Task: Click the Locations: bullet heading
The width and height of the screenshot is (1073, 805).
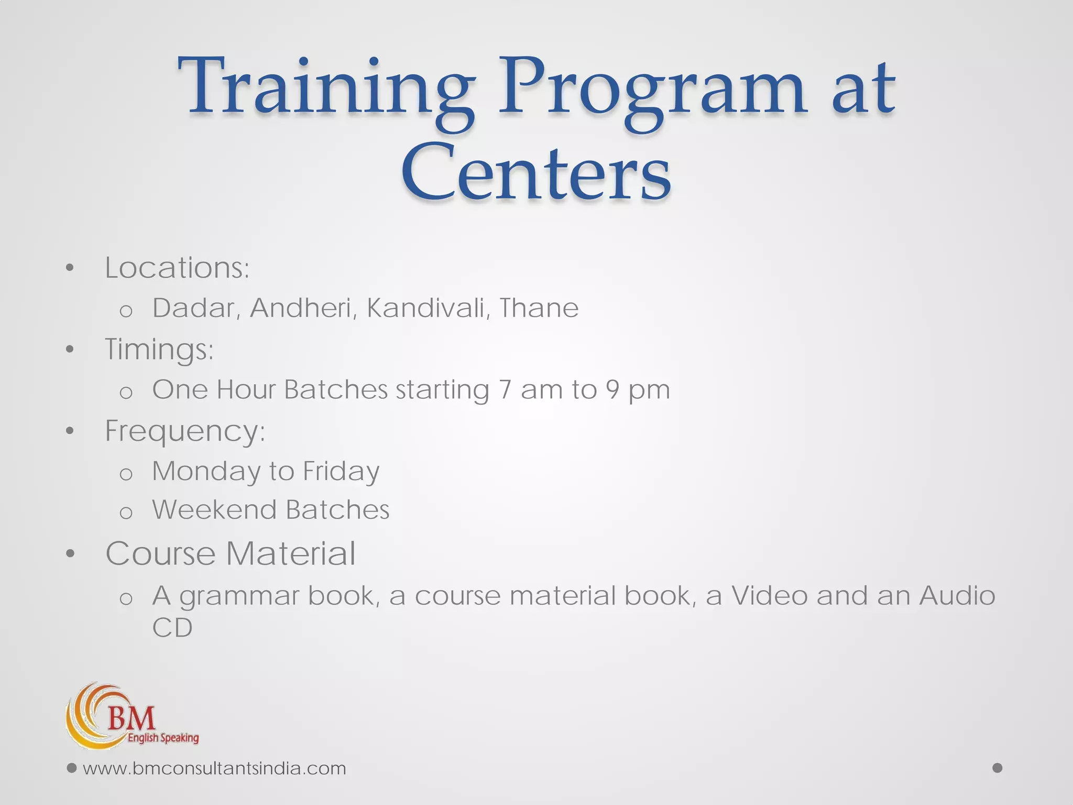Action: (x=177, y=268)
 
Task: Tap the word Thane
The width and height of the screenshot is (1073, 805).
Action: (x=539, y=308)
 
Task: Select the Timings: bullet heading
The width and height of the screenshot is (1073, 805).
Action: (x=159, y=350)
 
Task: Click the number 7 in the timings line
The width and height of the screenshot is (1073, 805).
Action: (x=505, y=390)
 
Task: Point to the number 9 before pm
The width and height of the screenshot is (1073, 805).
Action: (x=612, y=390)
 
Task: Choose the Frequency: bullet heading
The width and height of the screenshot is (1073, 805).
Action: (x=185, y=432)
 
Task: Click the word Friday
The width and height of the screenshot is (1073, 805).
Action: (x=341, y=471)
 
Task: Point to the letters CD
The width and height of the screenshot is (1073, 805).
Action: (x=172, y=627)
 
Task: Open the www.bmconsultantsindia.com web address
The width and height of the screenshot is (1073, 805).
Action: (x=214, y=768)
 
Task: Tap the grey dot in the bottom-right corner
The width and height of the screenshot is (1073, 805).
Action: (x=998, y=768)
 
